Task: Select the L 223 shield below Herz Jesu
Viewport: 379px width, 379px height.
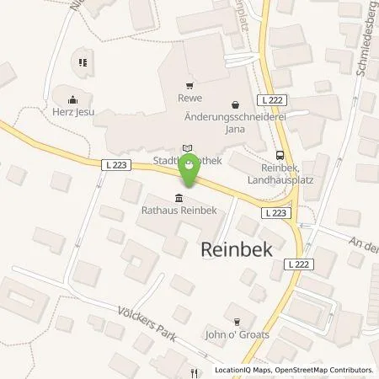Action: pyautogui.click(x=117, y=165)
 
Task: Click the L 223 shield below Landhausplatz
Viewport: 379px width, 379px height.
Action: pyautogui.click(x=275, y=213)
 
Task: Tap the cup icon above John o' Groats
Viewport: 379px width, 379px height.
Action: pyautogui.click(x=237, y=321)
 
